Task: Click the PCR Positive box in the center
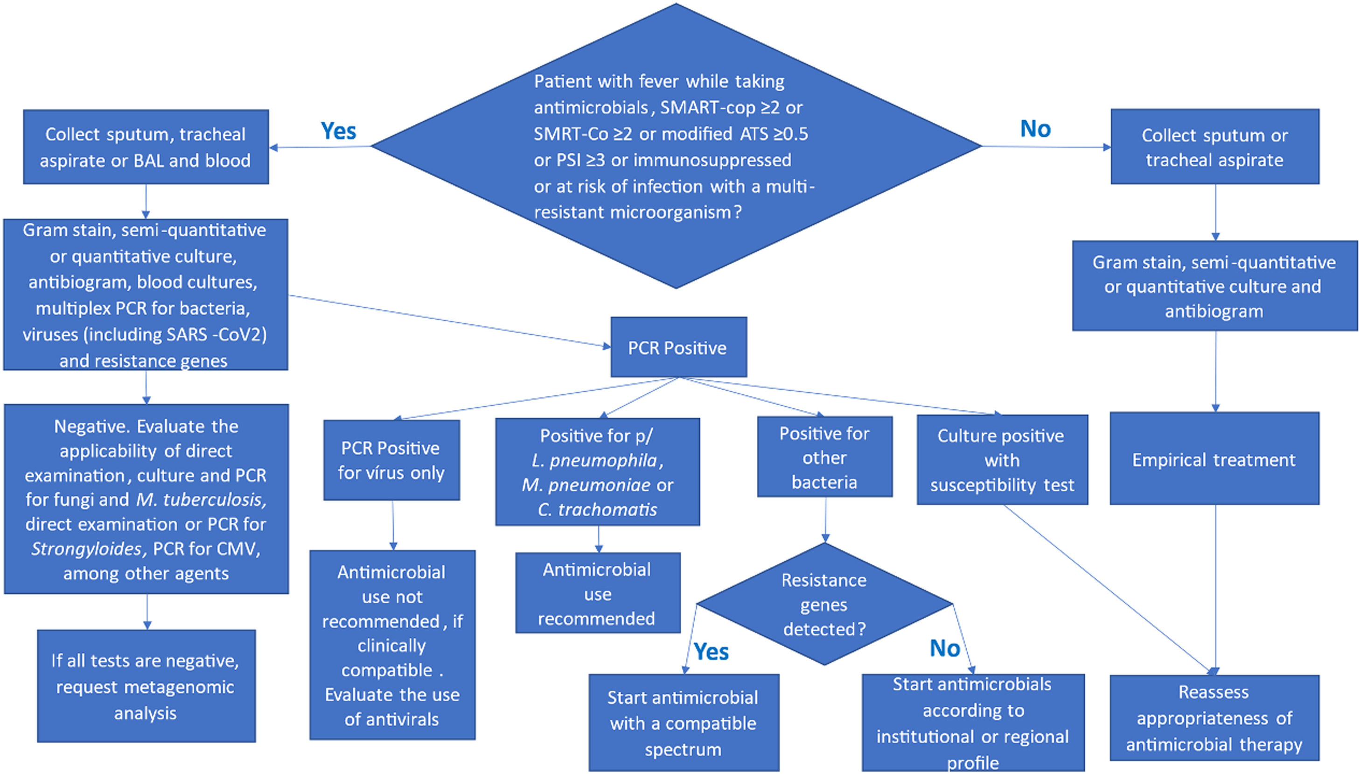[x=678, y=347]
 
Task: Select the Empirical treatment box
[x=1214, y=459]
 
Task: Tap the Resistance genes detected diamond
[x=824, y=605]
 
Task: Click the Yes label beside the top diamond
[x=338, y=131]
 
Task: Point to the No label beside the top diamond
[x=1035, y=129]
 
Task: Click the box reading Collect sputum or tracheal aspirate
[x=1214, y=147]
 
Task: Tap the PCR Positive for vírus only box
[x=391, y=460]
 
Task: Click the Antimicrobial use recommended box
[x=597, y=593]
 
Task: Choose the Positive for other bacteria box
[x=824, y=457]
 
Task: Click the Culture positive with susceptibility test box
[x=1002, y=460]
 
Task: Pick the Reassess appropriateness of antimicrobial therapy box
[x=1214, y=718]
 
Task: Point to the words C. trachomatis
[x=597, y=509]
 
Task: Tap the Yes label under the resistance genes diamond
[x=711, y=651]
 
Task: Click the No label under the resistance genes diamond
[x=944, y=648]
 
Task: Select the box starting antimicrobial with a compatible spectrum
[x=683, y=723]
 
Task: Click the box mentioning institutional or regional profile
[x=973, y=723]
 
